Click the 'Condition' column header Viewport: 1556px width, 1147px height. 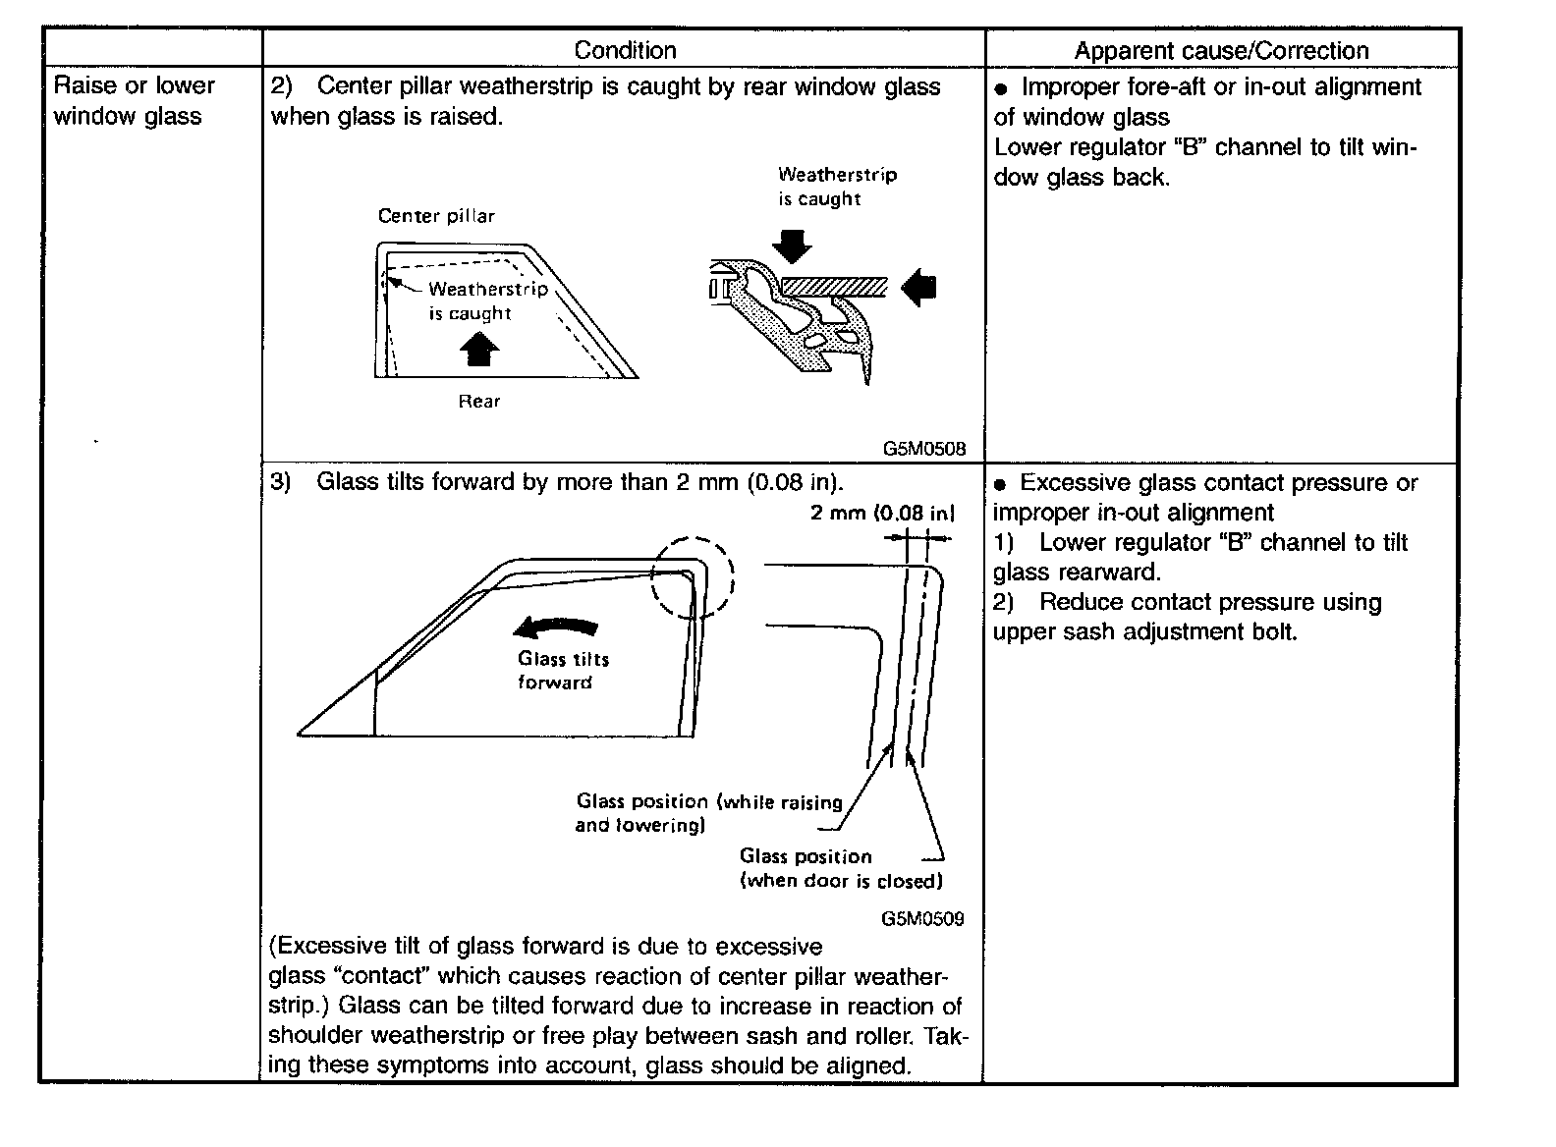coord(625,50)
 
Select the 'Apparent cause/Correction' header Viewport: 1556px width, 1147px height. coord(1221,51)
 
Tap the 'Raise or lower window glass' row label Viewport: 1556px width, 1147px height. coord(134,100)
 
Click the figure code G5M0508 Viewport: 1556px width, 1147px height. coord(923,449)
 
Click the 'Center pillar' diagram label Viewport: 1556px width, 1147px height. coord(436,216)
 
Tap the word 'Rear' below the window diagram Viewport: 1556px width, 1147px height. coord(479,401)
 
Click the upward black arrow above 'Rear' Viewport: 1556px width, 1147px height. coord(479,349)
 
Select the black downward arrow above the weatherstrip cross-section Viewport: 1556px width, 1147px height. coord(791,246)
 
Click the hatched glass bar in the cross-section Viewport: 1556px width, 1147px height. coord(835,287)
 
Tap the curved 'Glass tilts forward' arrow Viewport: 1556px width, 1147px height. coord(557,628)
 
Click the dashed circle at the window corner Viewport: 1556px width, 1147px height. coord(694,577)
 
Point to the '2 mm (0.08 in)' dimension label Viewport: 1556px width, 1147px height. coord(882,513)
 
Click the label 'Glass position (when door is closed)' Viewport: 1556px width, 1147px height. coord(841,868)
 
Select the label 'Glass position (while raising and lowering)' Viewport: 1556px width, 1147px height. coord(708,813)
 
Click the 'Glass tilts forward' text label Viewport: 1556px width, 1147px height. coord(563,671)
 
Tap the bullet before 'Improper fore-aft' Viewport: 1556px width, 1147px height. coord(1001,88)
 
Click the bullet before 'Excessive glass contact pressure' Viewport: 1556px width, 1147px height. coord(1000,484)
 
